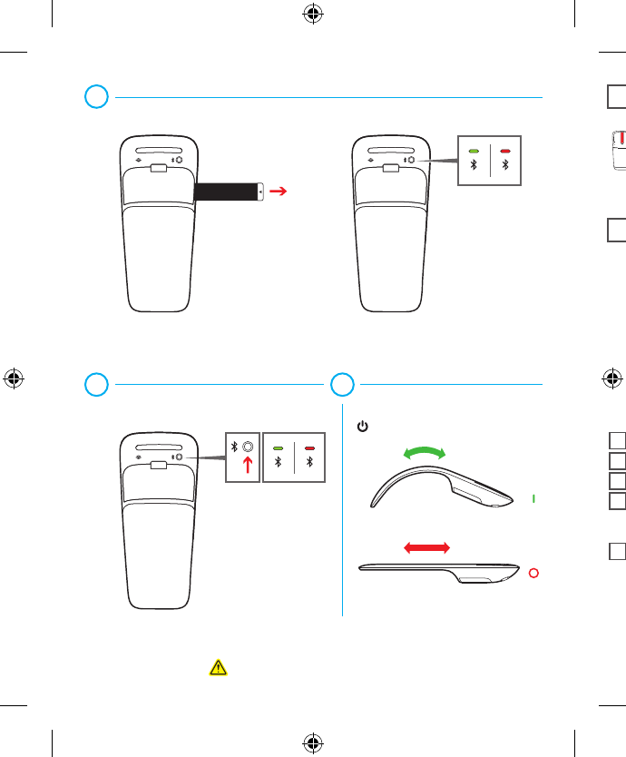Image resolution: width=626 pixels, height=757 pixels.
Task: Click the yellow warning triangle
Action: (218, 667)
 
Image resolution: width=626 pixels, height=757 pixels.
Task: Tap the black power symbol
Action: (361, 425)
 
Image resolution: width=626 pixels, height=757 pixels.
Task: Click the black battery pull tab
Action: (229, 192)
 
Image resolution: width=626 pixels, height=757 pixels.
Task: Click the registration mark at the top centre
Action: (312, 15)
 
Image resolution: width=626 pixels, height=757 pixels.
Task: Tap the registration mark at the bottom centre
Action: (312, 742)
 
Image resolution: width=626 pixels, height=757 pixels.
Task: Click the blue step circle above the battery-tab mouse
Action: (97, 96)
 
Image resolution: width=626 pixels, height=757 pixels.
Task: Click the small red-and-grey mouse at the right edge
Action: (616, 150)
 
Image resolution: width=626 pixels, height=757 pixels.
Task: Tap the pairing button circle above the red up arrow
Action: (247, 447)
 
